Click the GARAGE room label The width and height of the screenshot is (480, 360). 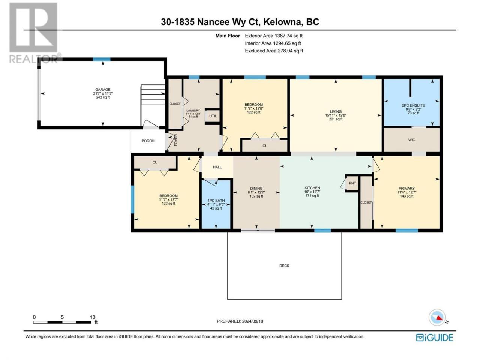coord(102,89)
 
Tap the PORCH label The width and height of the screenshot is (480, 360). coord(148,141)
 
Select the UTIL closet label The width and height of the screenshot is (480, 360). coord(213,116)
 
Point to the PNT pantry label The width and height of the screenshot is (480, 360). coord(352,183)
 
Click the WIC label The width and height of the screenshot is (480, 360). coord(411,140)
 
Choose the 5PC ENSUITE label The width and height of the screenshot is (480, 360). coord(413,105)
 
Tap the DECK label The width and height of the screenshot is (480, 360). coord(284,265)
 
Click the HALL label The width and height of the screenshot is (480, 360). coord(217,167)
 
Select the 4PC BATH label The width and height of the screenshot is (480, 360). coord(216,200)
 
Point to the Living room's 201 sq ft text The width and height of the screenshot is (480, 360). coord(336,119)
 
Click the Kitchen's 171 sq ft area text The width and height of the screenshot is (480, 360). coord(312,196)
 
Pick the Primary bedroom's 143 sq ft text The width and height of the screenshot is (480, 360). coord(406,196)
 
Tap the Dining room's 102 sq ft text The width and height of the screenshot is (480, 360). coord(256,196)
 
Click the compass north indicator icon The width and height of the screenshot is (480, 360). coord(437,317)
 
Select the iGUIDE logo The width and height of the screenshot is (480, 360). coord(435,337)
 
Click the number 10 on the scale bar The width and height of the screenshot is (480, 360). coord(93,317)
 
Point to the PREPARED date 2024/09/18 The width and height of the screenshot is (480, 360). coord(252,321)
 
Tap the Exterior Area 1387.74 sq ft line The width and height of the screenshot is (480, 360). coord(274,36)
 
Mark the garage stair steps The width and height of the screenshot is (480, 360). coord(153,94)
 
